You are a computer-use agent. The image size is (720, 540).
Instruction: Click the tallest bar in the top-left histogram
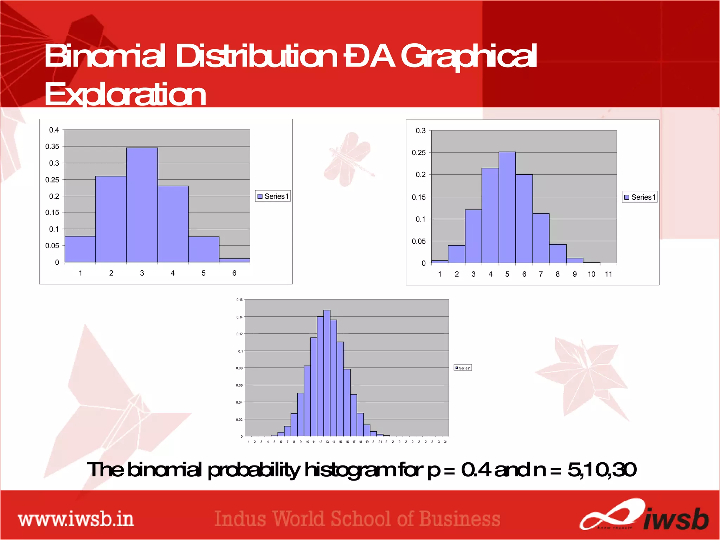pos(142,205)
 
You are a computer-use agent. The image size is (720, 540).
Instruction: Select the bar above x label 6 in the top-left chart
pos(234,260)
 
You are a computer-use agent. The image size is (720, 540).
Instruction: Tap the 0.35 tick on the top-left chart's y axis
pos(52,146)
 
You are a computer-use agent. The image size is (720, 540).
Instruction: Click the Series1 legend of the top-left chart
pos(273,196)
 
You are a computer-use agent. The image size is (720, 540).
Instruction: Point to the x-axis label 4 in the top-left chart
pos(173,273)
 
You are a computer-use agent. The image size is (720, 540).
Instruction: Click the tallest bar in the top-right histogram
pos(507,207)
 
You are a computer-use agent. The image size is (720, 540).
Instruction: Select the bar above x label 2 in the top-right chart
pos(456,254)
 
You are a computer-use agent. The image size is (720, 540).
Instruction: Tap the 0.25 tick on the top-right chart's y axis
pos(418,153)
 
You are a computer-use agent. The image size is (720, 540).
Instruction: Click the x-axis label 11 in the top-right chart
pos(608,274)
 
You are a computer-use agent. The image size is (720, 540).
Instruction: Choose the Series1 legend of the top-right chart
pos(640,197)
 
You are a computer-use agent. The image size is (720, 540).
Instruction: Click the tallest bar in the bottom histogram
pos(327,373)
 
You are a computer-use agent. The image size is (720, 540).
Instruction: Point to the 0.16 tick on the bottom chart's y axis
pos(239,300)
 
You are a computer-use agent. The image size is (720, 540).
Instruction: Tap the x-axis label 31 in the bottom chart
pos(445,442)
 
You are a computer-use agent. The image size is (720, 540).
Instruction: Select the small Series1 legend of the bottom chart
pos(463,368)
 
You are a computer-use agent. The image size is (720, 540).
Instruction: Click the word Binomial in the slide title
pos(105,56)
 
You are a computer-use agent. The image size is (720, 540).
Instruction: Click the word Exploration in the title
pos(125,94)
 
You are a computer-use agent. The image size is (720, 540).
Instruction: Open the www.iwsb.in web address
pos(76,520)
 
